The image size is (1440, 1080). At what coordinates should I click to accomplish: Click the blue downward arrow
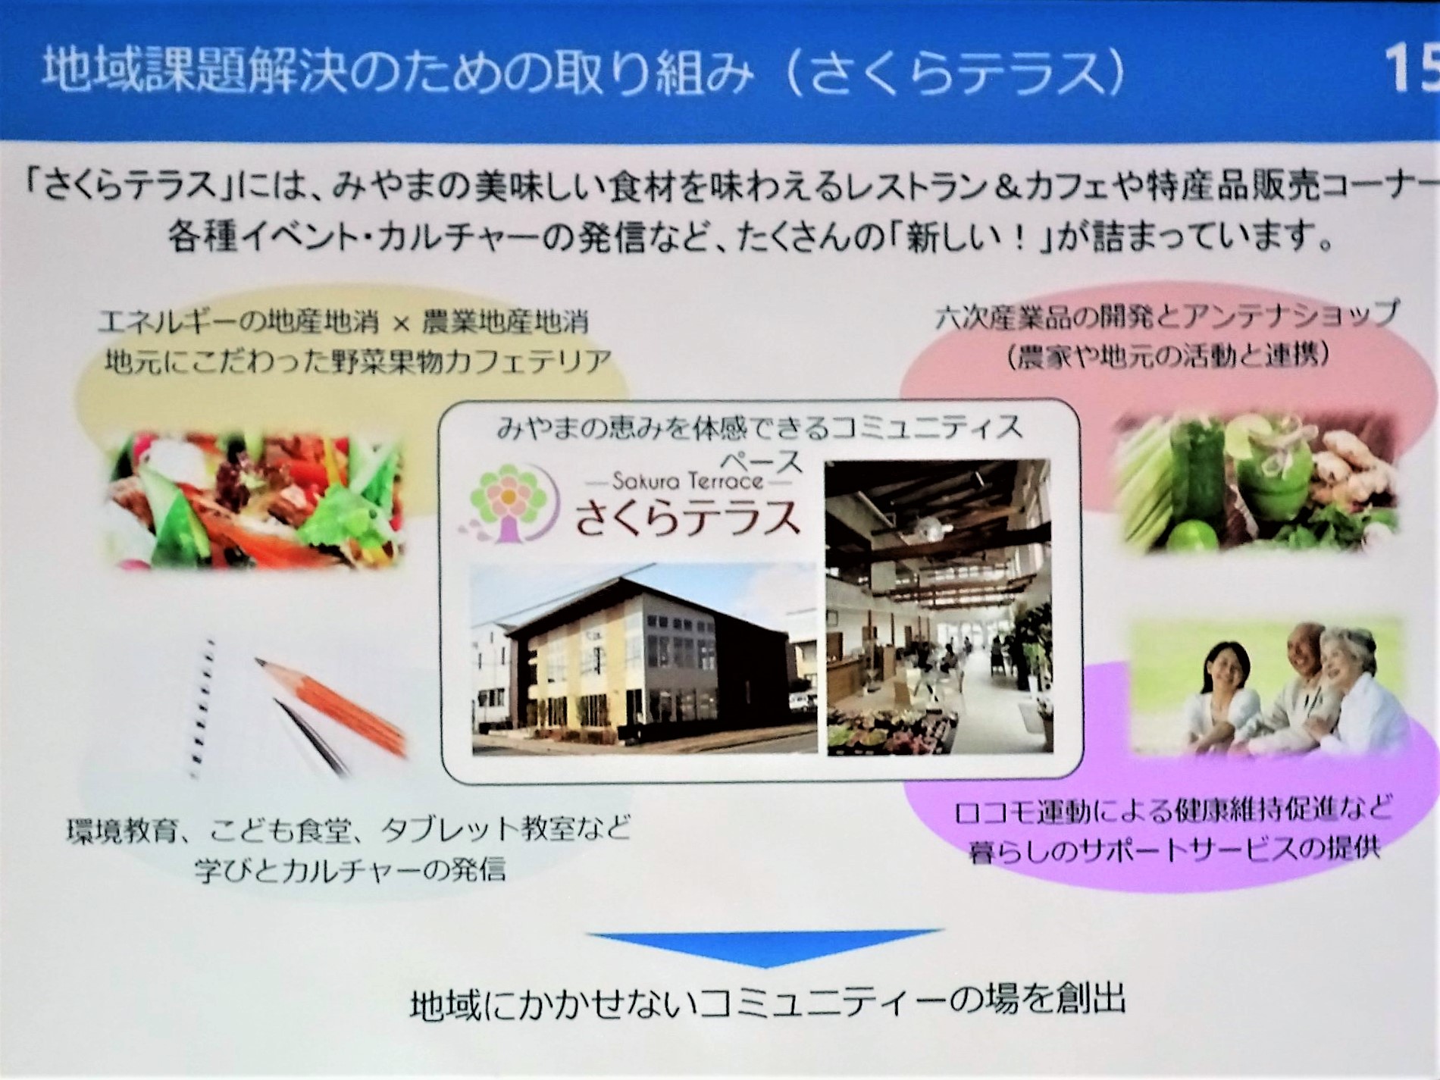(765, 947)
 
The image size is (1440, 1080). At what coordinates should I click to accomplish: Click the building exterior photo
(644, 659)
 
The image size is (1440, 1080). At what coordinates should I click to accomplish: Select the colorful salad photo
(254, 497)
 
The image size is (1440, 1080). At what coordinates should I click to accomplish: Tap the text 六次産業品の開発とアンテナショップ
(1166, 318)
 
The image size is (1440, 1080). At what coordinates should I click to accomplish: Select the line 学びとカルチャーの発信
(350, 869)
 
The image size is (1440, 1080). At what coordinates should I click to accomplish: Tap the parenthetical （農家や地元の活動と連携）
(1168, 355)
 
